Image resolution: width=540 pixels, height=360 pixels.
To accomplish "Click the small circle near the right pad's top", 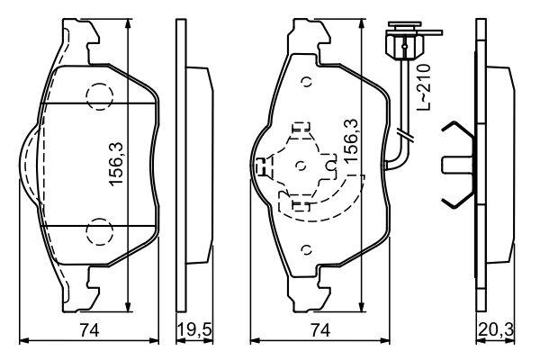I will (x=307, y=82).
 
